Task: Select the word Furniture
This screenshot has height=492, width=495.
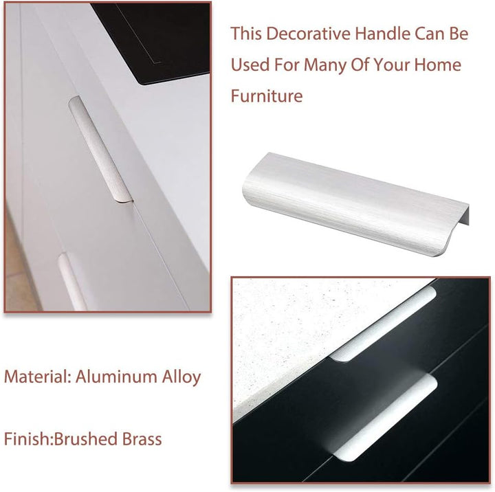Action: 267,96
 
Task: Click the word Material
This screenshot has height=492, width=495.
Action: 38,376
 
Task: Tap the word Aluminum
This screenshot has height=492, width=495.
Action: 116,376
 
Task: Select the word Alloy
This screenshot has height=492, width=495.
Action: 181,377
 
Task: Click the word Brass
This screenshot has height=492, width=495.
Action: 142,438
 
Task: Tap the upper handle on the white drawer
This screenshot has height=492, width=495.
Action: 100,148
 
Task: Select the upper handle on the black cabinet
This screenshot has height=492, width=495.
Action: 384,324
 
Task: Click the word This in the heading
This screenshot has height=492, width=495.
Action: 246,34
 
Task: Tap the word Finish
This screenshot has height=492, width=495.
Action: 27,438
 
